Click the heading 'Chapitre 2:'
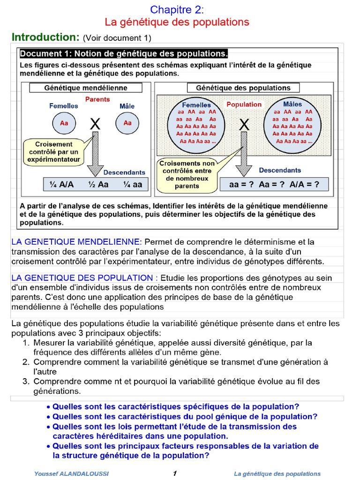[177, 10]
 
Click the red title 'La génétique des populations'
[177, 22]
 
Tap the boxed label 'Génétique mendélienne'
[86, 88]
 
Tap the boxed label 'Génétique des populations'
[243, 88]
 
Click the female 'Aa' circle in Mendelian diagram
[64, 123]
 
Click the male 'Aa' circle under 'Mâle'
[127, 123]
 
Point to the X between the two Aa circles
[95, 124]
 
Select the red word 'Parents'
[97, 99]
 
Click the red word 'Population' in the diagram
[244, 105]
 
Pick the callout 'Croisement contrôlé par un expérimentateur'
[53, 152]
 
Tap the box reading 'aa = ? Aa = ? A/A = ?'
[274, 185]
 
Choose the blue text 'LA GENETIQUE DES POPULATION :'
[84, 277]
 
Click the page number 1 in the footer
[175, 473]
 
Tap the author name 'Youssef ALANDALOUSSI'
[71, 473]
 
